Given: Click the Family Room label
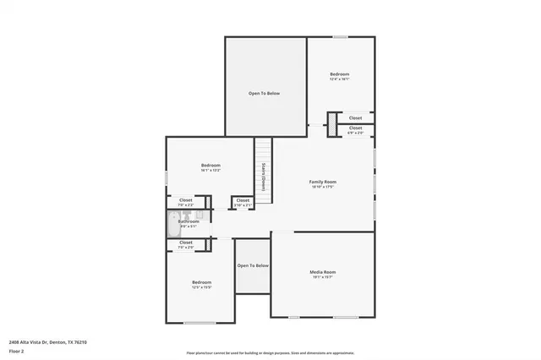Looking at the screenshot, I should [323, 182].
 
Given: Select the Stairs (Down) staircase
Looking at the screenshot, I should [264, 177].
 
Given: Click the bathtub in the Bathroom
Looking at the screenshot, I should [172, 226].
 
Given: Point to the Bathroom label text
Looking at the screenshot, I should [189, 221].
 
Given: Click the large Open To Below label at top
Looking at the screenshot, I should [264, 93].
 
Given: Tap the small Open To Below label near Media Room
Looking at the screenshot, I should [253, 265].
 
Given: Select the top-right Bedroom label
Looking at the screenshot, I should [339, 74].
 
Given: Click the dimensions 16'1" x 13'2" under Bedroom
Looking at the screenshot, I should [210, 170].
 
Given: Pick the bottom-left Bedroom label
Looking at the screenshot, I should [201, 281].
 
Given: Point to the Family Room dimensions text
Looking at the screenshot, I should [323, 187].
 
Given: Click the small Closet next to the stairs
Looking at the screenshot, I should [242, 202].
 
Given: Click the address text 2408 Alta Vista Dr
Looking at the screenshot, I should [47, 341].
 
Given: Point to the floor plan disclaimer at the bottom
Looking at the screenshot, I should [270, 352].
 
